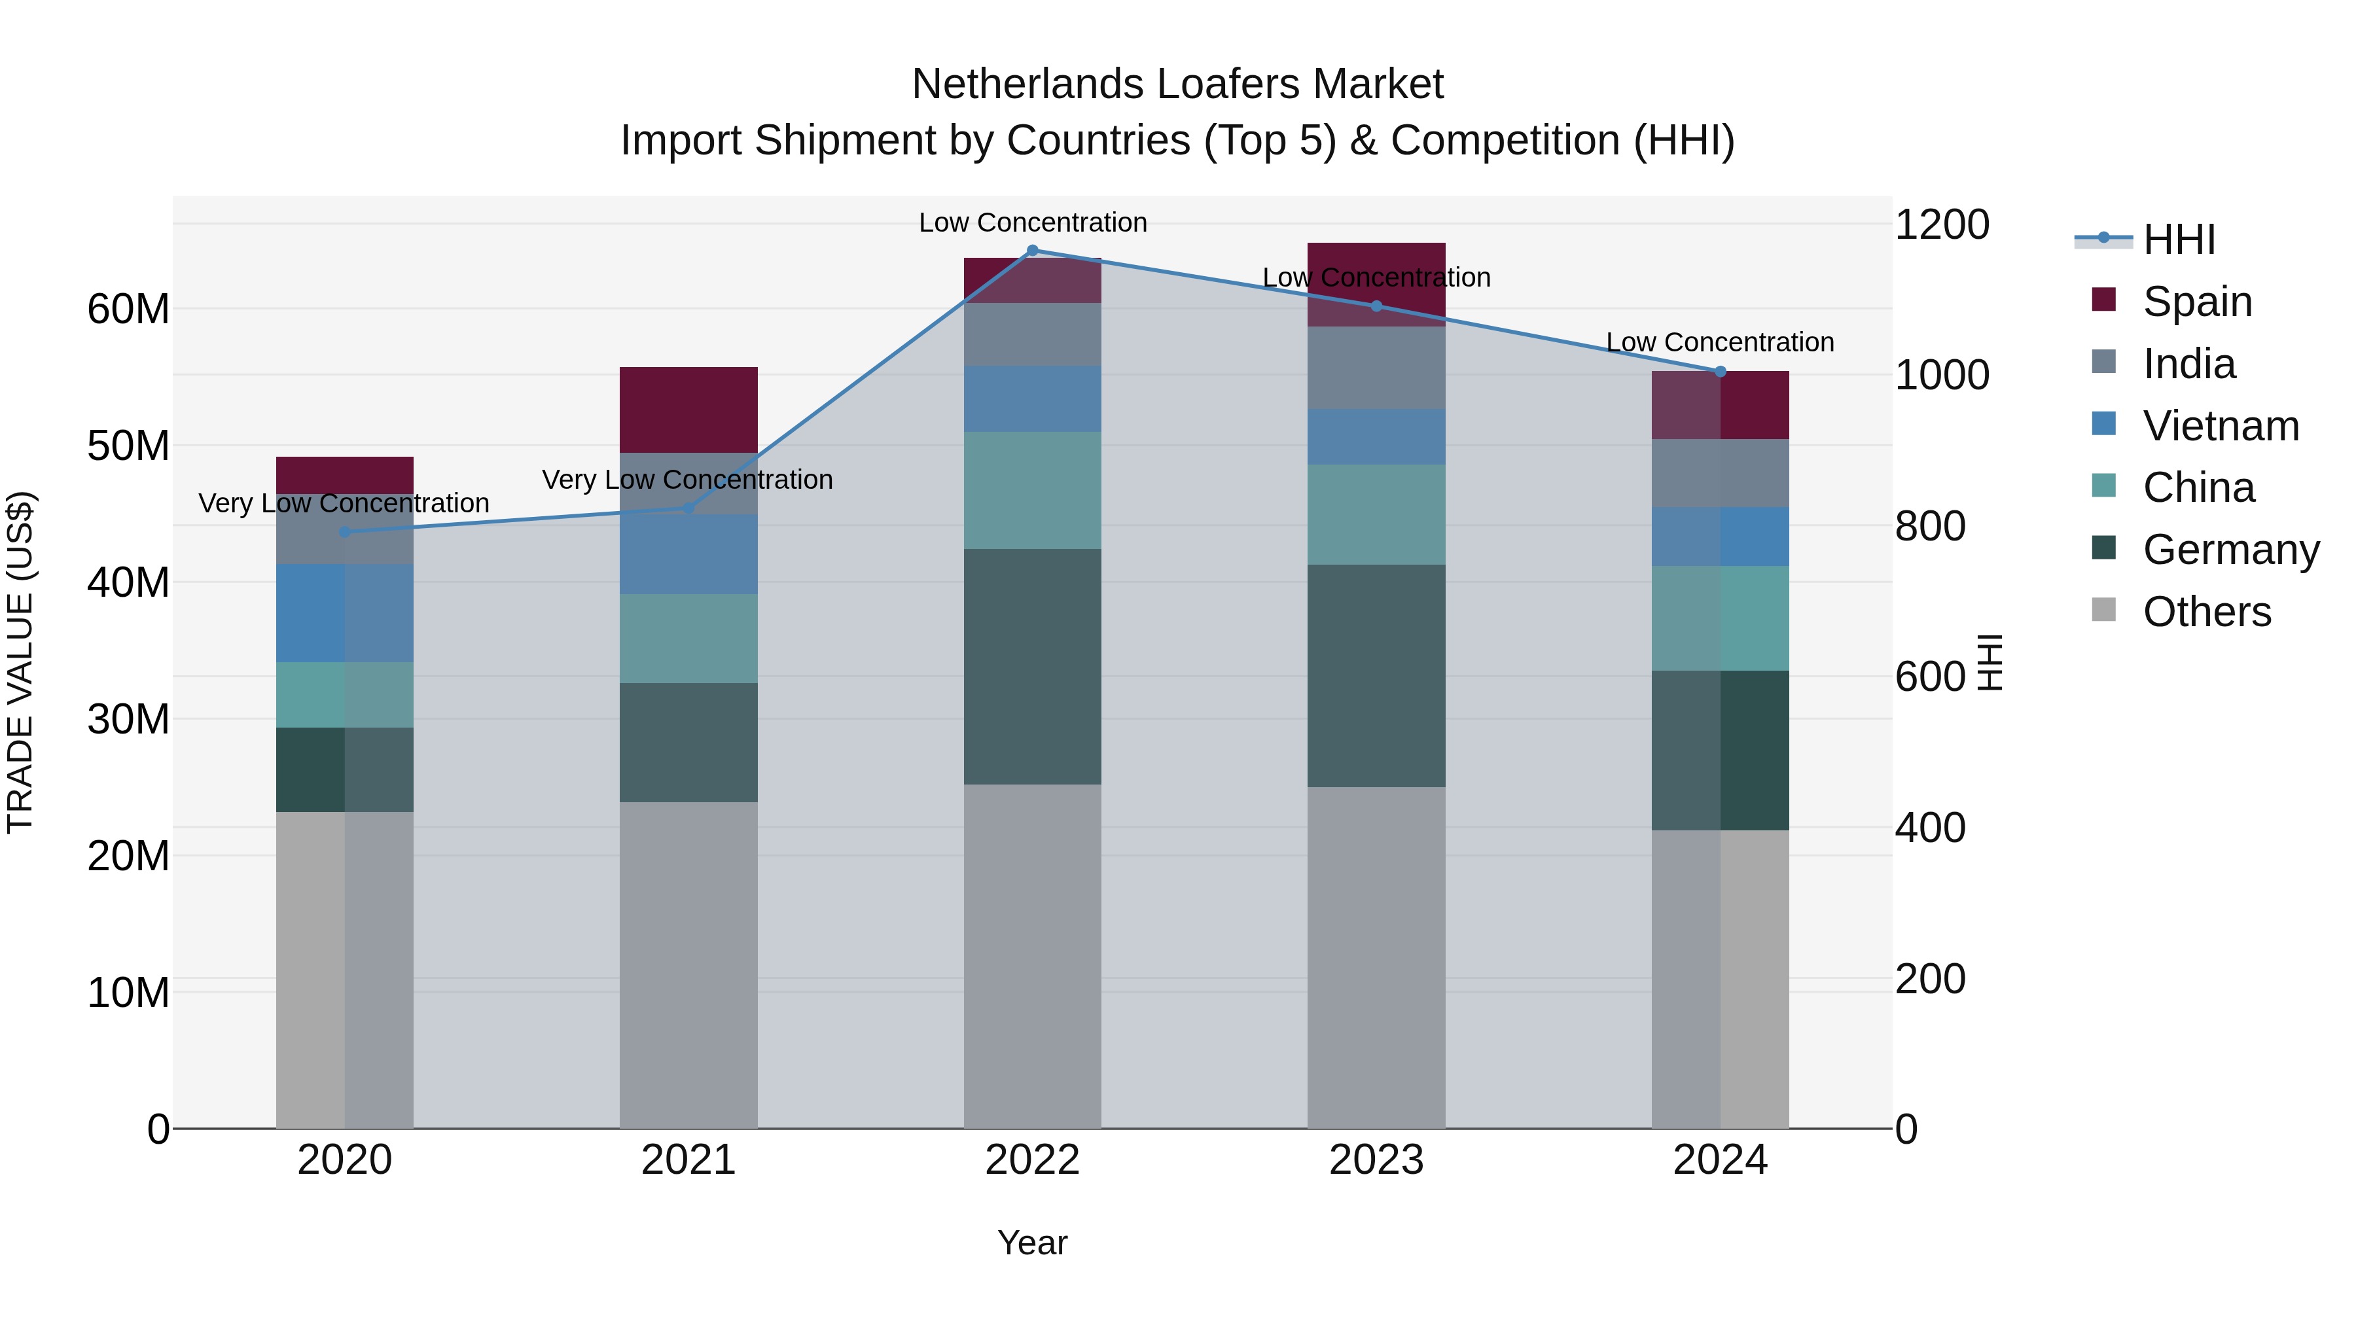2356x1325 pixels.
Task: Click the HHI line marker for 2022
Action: pos(1033,251)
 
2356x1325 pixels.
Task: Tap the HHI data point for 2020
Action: pos(345,532)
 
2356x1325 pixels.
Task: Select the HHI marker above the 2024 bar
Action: pos(1721,371)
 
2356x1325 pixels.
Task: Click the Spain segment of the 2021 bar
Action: pos(688,410)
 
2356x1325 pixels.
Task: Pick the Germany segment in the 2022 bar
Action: pos(1033,667)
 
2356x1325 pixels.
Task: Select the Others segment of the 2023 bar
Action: pos(1376,957)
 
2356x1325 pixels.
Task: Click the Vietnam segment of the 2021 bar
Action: pos(688,554)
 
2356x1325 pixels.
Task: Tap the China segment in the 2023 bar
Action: pos(1376,515)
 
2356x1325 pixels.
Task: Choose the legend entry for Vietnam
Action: pos(2220,426)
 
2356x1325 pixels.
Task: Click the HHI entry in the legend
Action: pos(2179,239)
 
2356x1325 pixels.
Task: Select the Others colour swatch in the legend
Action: pos(2103,610)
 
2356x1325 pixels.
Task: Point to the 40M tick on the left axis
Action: pos(128,582)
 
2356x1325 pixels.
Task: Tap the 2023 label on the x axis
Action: pos(1376,1160)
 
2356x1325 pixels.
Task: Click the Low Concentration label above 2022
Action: pos(1033,222)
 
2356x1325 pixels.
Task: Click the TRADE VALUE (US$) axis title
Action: pos(20,662)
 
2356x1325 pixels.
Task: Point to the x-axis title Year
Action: pos(1033,1243)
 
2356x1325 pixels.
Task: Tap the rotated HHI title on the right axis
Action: pos(1990,662)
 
